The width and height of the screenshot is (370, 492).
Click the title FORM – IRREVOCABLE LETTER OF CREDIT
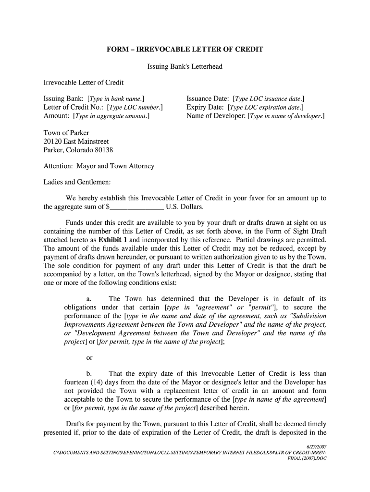pos(185,49)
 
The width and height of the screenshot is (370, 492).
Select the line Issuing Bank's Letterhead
pos(185,66)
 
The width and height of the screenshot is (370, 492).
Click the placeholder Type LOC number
pos(135,108)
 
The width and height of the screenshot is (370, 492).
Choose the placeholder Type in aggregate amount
pos(111,116)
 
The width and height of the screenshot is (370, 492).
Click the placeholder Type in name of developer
pos(286,116)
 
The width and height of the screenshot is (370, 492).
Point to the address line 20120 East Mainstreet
pos(76,141)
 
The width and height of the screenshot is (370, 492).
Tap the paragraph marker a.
pos(89,299)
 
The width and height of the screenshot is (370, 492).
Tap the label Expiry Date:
pos(206,108)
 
